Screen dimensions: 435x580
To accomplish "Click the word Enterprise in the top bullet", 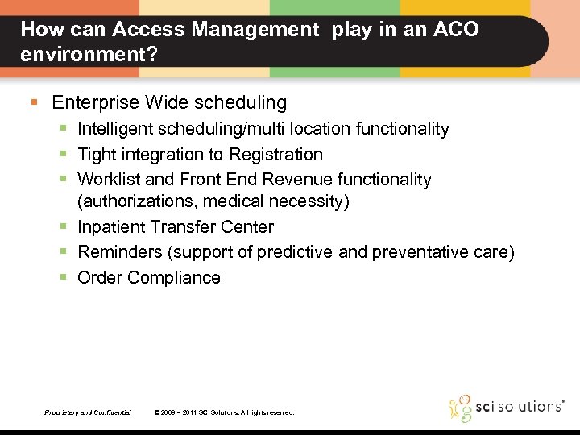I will (95, 102).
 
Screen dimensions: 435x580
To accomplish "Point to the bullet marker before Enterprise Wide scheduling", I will (34, 102).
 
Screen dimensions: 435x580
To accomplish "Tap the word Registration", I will (275, 154).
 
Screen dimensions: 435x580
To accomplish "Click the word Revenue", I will (300, 179).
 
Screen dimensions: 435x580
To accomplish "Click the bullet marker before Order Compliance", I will (63, 277).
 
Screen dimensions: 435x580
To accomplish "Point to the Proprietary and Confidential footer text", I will (88, 412).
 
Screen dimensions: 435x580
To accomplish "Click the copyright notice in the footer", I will (224, 412).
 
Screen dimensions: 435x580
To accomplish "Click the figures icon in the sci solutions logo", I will (461, 408).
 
